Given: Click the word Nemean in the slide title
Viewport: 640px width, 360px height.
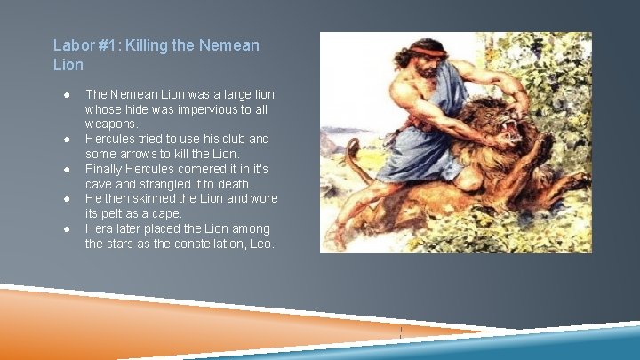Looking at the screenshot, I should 230,44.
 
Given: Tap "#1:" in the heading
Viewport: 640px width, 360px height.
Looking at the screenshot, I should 108,44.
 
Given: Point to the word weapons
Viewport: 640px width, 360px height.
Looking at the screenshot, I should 111,124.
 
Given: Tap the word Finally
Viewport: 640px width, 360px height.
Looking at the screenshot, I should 104,169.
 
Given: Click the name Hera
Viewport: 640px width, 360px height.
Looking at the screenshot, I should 99,228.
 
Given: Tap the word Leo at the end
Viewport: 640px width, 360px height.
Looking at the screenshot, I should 262,244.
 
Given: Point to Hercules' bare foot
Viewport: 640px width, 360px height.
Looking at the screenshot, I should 336,236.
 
